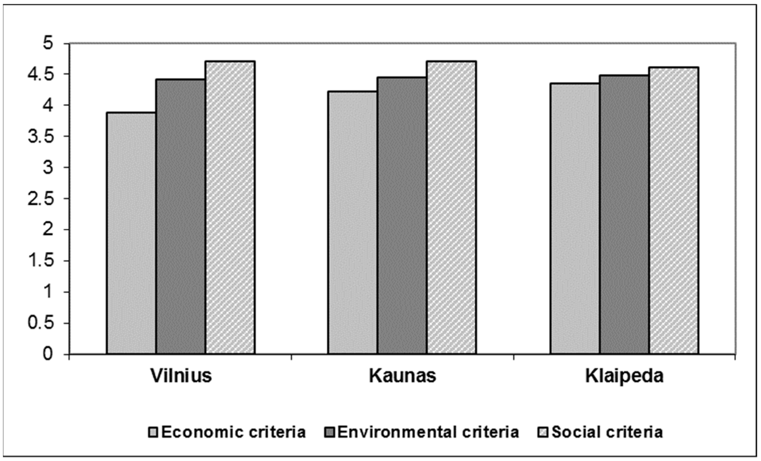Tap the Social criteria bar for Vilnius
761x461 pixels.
pyautogui.click(x=230, y=208)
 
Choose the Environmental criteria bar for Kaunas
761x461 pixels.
pyautogui.click(x=402, y=215)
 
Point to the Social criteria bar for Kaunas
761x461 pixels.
pyautogui.click(x=451, y=208)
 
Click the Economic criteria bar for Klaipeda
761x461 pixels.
pyautogui.click(x=575, y=218)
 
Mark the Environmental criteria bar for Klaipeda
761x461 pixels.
pyautogui.click(x=624, y=214)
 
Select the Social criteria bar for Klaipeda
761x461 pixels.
pyautogui.click(x=674, y=211)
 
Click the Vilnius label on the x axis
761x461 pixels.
pyautogui.click(x=181, y=376)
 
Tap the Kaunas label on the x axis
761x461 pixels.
pyautogui.click(x=402, y=376)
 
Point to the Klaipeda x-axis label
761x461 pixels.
pyautogui.click(x=624, y=376)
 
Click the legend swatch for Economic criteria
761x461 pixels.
pyautogui.click(x=153, y=432)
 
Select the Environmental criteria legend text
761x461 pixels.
pyautogui.click(x=428, y=432)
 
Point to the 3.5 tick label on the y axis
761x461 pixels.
pyautogui.click(x=45, y=136)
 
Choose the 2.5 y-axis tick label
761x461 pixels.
pyautogui.click(x=45, y=199)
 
